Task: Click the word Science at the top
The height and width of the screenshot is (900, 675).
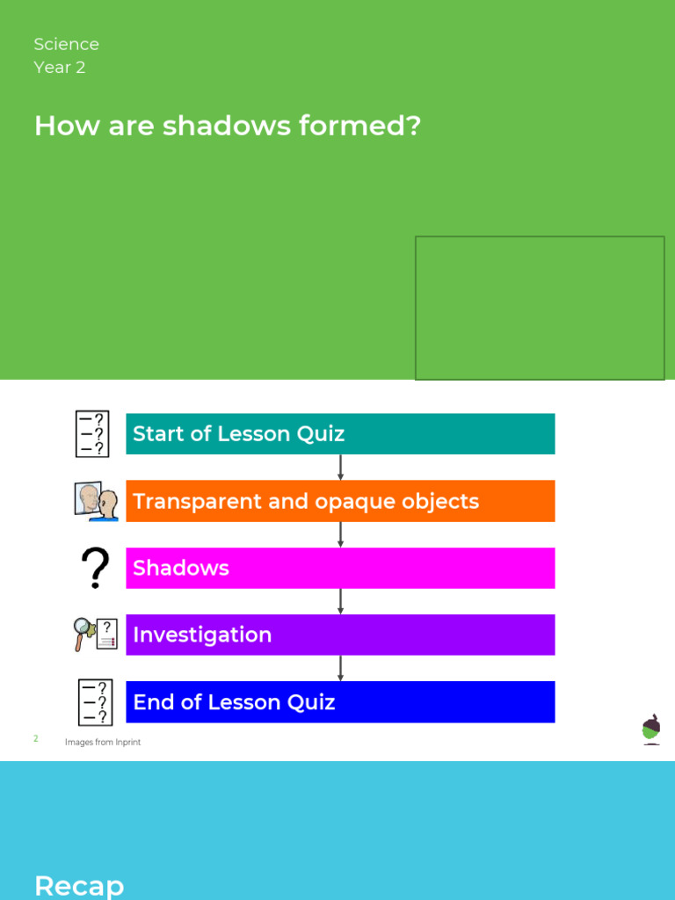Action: [66, 44]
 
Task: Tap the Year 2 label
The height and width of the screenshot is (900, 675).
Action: [59, 68]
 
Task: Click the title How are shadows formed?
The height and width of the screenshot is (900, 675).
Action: [227, 127]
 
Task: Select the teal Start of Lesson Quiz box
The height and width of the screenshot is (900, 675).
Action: [340, 433]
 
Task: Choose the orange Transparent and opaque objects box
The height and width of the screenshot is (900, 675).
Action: [340, 501]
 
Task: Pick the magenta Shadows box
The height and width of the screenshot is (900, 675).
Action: [340, 568]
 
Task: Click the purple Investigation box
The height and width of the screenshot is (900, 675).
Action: [340, 635]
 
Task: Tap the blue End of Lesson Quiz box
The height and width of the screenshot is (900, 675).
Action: [340, 701]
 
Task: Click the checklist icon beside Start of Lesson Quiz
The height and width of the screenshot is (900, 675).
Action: [91, 433]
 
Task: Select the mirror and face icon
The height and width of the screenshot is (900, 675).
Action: [96, 501]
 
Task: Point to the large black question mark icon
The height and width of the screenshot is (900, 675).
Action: [96, 568]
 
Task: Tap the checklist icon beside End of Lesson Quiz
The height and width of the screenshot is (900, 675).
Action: [94, 701]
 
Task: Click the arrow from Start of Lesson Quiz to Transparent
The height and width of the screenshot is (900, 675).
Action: [340, 467]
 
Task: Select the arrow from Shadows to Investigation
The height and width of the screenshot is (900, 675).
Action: [340, 601]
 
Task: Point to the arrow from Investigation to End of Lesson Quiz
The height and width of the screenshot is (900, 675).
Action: [340, 668]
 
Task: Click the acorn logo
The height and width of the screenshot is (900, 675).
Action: [651, 729]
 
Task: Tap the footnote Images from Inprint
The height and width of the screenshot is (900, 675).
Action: [103, 743]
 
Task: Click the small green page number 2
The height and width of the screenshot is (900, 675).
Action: [36, 739]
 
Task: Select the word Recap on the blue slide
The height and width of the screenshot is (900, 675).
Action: [79, 885]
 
